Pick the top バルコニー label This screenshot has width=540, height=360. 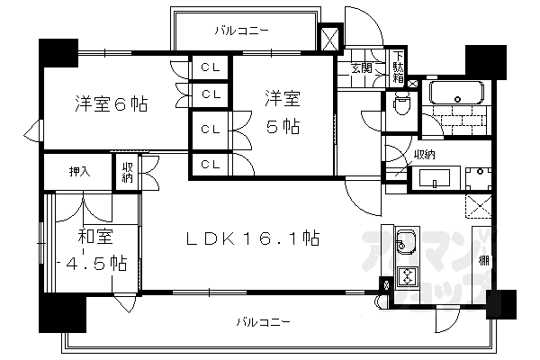242,31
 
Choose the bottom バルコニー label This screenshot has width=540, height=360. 264,320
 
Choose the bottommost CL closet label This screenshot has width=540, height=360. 210,164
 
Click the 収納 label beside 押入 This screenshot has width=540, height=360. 128,171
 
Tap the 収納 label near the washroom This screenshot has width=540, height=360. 425,155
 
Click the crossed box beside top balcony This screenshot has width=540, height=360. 329,39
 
